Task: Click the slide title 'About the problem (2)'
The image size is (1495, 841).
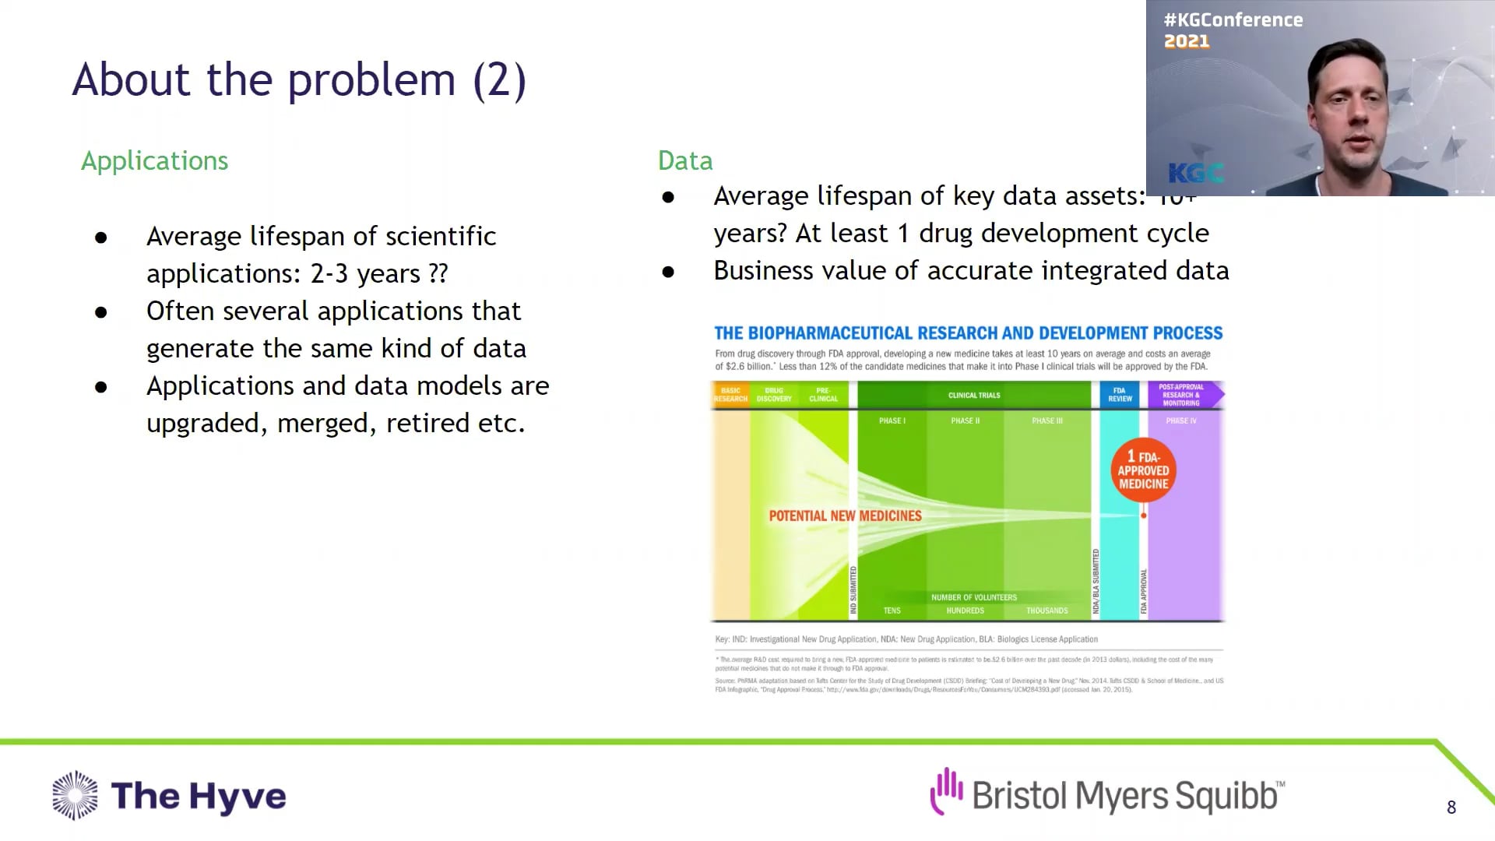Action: (299, 80)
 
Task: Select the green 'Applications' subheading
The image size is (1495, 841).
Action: (154, 160)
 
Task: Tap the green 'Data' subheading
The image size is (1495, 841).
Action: (684, 160)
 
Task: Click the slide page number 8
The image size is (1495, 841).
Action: (1451, 808)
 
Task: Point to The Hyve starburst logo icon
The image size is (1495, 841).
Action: (76, 795)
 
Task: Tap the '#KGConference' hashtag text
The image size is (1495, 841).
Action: (1233, 20)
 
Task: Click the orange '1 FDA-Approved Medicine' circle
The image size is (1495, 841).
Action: (1143, 470)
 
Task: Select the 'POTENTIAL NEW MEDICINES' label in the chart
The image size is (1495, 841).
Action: (845, 516)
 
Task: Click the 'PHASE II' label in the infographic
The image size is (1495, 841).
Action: (965, 420)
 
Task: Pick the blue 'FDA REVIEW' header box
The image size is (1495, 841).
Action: (1120, 395)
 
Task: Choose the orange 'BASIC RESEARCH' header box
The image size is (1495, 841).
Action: (730, 395)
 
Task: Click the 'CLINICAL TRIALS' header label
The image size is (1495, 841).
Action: (974, 396)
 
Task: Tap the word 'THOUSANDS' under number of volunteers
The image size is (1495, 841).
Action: (1046, 611)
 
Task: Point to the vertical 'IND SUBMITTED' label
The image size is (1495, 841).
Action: (853, 590)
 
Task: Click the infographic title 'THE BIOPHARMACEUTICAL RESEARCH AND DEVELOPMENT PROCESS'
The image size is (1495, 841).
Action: (968, 333)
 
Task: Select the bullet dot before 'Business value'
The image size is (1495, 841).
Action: (668, 272)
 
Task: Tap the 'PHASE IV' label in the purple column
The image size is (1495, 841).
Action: (1180, 420)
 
